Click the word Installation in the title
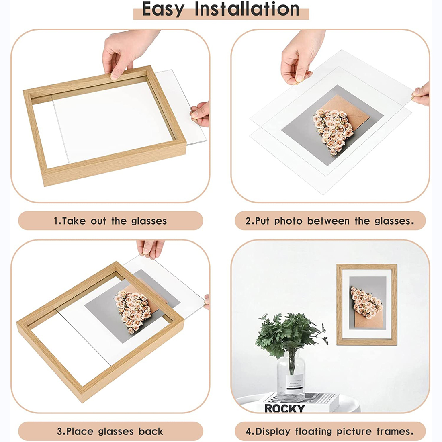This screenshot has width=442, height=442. point(247,9)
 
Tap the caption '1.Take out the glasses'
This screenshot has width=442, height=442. point(110,221)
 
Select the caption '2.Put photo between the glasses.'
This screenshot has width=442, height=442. point(330,221)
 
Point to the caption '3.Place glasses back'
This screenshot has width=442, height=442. point(110,431)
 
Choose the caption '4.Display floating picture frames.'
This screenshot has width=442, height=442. point(330,431)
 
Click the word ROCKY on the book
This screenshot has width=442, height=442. point(284,409)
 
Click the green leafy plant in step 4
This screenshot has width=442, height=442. point(291,334)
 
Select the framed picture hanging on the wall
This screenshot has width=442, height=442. point(367,305)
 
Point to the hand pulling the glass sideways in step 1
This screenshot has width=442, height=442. point(200,114)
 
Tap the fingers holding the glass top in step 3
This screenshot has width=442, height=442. point(150,249)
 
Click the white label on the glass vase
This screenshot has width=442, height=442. point(295,384)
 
